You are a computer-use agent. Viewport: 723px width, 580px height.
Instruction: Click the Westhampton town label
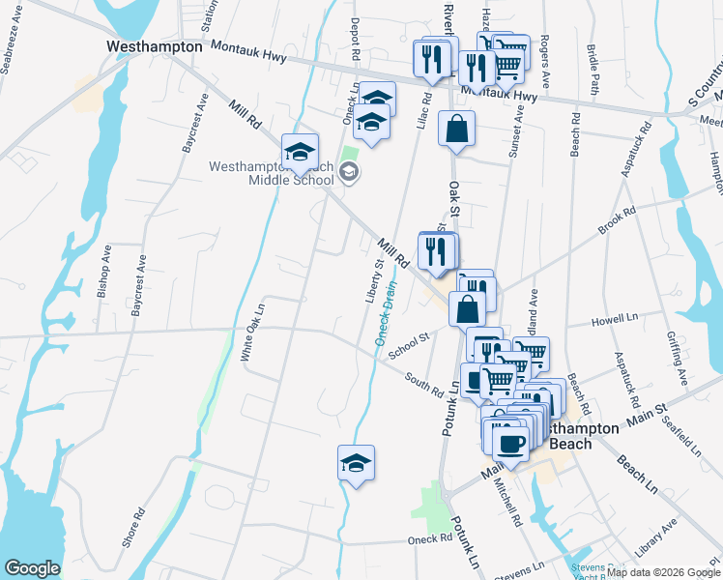(x=155, y=46)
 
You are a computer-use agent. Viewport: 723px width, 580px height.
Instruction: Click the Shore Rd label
(x=133, y=527)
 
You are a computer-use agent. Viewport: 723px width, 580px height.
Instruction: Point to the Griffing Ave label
(x=673, y=359)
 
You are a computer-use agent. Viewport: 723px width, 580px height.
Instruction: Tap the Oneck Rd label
(x=430, y=538)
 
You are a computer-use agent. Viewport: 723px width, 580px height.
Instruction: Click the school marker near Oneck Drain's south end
(x=356, y=462)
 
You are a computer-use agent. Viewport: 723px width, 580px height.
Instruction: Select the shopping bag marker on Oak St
(x=456, y=127)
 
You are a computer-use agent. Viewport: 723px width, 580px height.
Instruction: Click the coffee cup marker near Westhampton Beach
(x=510, y=443)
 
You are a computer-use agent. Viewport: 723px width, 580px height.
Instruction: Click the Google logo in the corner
(x=32, y=568)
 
